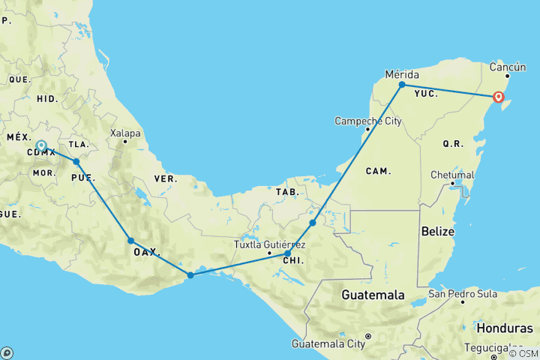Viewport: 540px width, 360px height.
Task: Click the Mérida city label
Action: pos(401,74)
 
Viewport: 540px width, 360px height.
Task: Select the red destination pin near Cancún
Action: pos(499,97)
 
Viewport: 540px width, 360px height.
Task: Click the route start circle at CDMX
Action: pos(41,146)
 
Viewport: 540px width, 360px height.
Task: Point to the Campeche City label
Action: pos(365,121)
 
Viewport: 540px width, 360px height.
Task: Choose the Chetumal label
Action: pos(452,175)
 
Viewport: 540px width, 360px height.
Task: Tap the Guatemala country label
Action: pos(374,295)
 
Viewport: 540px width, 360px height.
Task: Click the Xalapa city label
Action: pos(125,133)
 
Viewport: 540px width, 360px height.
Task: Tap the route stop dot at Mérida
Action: pos(402,85)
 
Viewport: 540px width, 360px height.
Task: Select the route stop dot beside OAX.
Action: pos(130,241)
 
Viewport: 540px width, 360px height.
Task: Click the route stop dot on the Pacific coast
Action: pos(190,275)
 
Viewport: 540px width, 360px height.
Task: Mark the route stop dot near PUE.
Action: pos(76,161)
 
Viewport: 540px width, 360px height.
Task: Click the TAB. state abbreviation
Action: pos(287,192)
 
